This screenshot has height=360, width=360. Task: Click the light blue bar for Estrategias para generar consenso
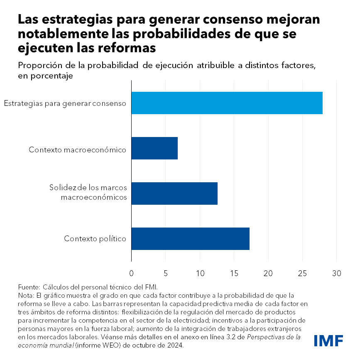point(227,103)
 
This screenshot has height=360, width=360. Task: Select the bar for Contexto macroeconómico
point(154,148)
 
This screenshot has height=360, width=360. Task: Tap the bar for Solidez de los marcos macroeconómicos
point(174,193)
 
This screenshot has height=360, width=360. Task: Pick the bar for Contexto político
point(190,239)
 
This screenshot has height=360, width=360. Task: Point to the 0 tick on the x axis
point(132,274)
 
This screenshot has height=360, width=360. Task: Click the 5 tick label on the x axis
point(166,274)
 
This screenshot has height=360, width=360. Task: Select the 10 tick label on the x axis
point(200,274)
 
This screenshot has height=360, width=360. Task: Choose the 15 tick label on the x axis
point(234,274)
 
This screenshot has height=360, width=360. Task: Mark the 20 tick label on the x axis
point(268,274)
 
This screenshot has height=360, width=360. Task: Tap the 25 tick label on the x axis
point(302,274)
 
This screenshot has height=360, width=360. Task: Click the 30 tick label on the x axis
point(336,274)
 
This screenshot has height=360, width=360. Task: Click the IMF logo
point(328,340)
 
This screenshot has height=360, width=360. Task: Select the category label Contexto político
point(95,239)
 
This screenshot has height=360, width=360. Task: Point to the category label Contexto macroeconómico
point(78,149)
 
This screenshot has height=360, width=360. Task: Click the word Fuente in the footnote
point(28,287)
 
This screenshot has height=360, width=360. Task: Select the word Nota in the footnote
point(25,295)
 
